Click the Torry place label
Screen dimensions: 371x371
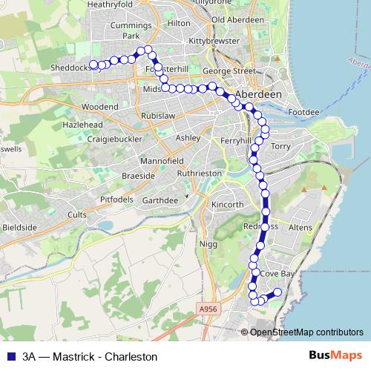coord(281,146)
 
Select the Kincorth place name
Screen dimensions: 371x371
coord(227,204)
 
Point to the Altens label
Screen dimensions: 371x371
coord(299,226)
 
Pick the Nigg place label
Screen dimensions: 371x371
coord(208,243)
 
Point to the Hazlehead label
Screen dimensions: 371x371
coord(83,125)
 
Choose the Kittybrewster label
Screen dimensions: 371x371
coord(214,42)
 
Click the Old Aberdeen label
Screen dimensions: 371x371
coord(237,19)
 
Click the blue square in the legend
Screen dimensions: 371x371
coord(10,355)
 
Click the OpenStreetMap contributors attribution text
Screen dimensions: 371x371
coord(306,332)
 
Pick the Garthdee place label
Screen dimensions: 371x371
coord(160,200)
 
